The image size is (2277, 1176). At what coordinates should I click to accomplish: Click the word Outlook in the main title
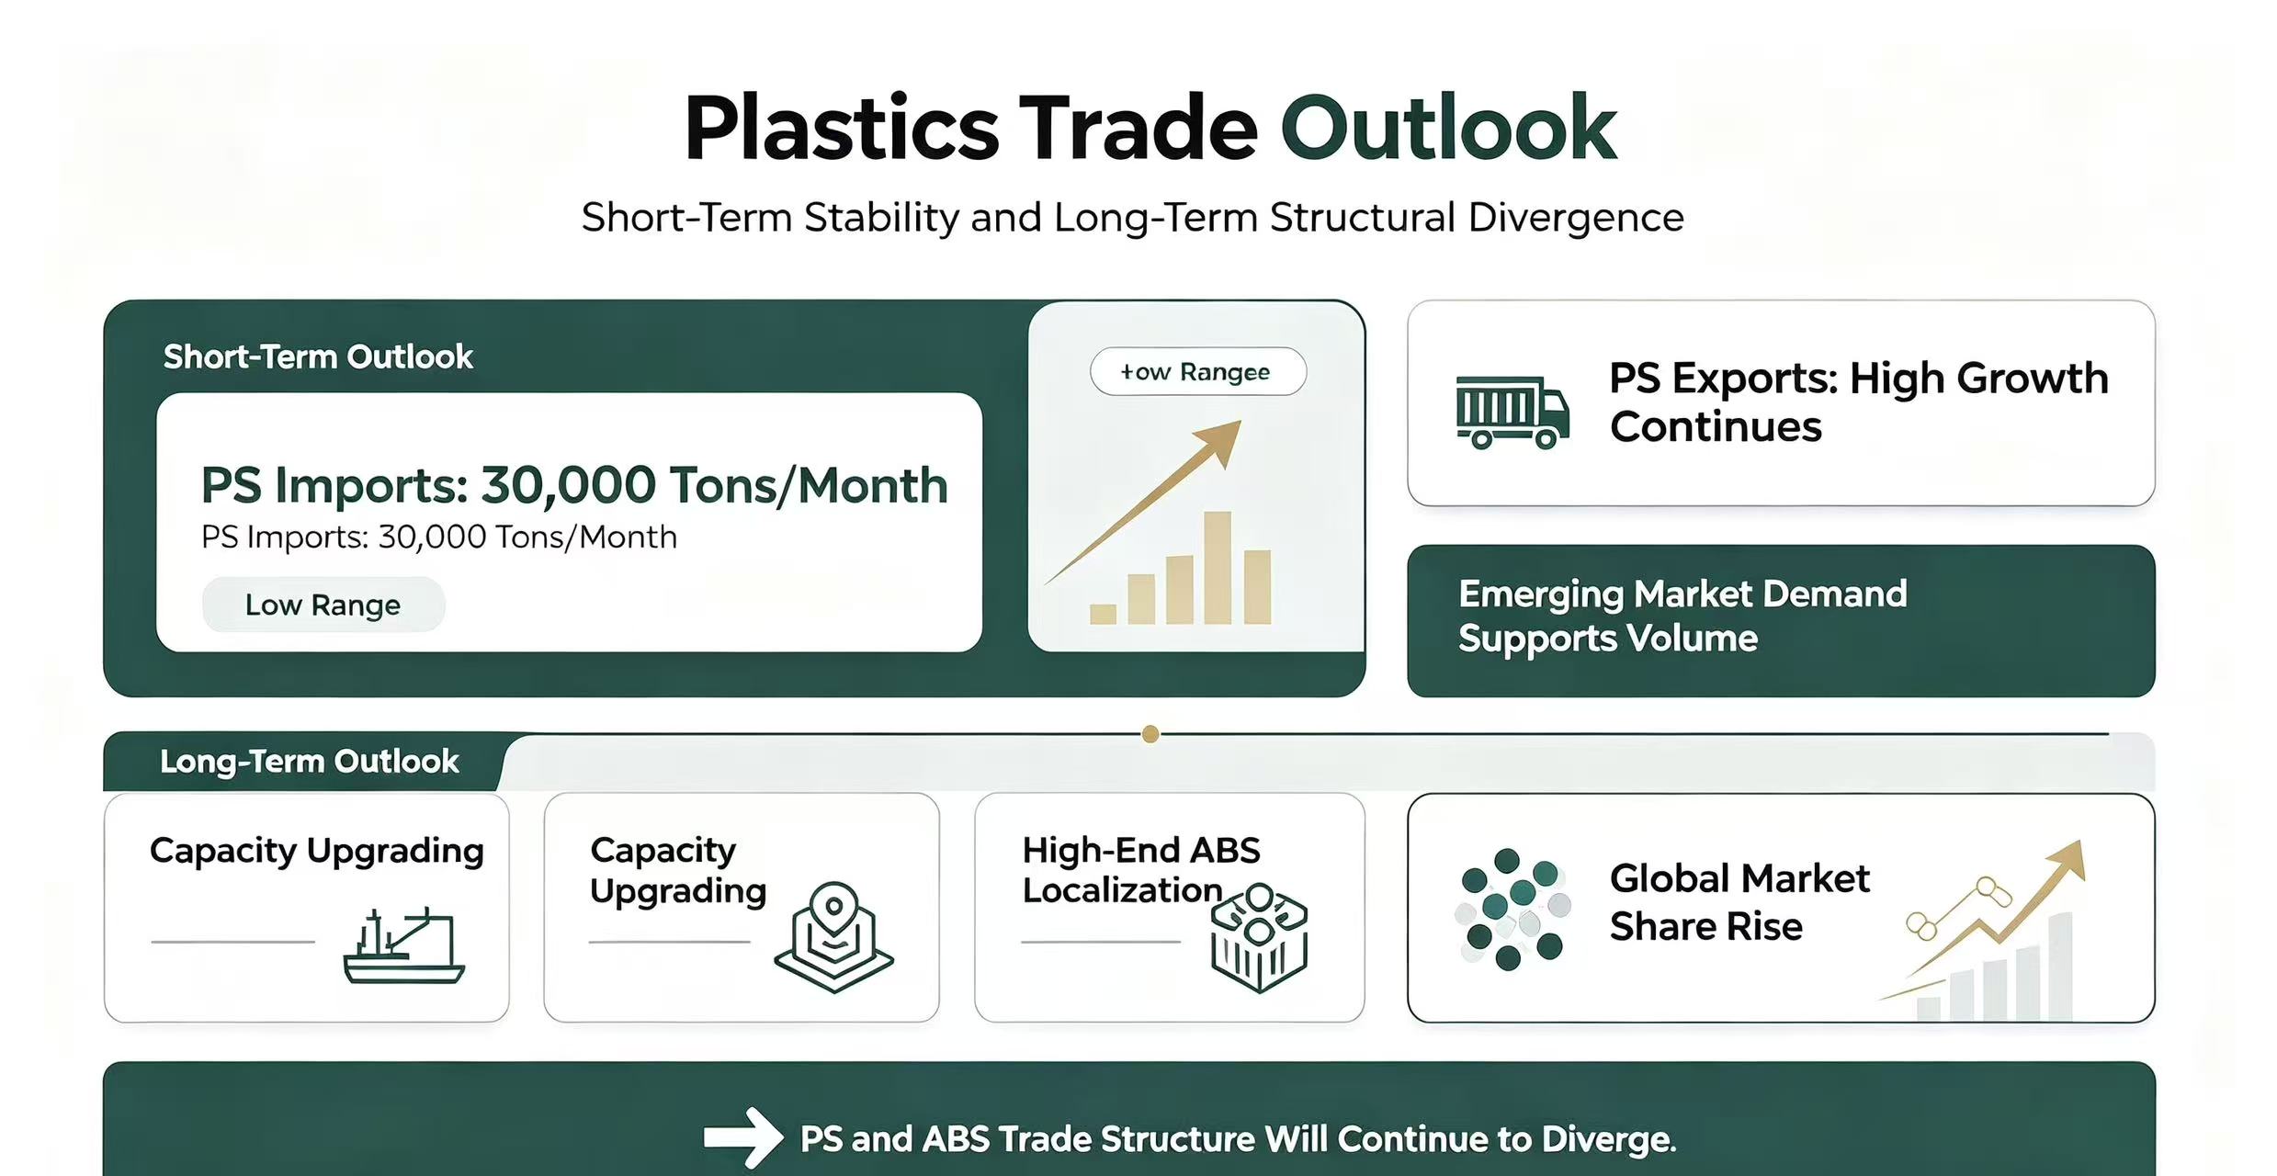pyautogui.click(x=1448, y=128)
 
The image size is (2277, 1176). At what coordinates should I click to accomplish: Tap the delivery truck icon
pyautogui.click(x=1512, y=412)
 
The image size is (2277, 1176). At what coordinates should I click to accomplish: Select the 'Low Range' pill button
pyautogui.click(x=323, y=605)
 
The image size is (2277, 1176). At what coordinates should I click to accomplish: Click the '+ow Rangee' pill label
pyautogui.click(x=1197, y=371)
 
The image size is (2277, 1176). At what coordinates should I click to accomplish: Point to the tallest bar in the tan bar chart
pyautogui.click(x=1217, y=568)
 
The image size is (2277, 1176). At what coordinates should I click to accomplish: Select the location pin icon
pyautogui.click(x=833, y=937)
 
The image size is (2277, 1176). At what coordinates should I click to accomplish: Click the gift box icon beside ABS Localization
pyautogui.click(x=1259, y=938)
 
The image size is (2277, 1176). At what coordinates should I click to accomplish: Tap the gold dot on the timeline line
pyautogui.click(x=1150, y=734)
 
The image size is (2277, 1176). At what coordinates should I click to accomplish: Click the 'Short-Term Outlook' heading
pyautogui.click(x=318, y=356)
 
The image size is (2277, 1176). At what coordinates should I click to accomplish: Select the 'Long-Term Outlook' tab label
pyautogui.click(x=309, y=762)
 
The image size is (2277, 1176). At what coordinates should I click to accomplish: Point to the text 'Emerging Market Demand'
pyautogui.click(x=1682, y=594)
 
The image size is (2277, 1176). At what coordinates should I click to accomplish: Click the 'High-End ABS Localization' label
pyautogui.click(x=1141, y=870)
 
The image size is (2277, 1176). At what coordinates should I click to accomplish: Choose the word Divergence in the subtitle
pyautogui.click(x=1576, y=219)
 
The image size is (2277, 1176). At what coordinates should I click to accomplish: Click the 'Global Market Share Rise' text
pyautogui.click(x=1739, y=902)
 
